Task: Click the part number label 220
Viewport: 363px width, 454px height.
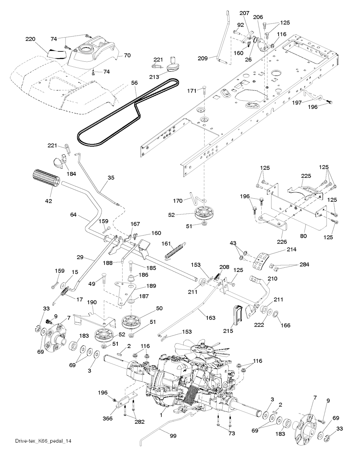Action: (30, 39)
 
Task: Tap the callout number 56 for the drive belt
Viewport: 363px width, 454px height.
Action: (134, 82)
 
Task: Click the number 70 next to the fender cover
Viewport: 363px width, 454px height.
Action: (127, 55)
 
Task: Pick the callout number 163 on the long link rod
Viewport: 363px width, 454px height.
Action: (210, 318)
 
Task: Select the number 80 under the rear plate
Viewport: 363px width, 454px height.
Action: (303, 236)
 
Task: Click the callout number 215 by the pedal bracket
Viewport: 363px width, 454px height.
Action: (228, 331)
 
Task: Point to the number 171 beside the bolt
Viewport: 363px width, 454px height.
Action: (192, 91)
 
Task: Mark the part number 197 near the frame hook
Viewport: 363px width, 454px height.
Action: (297, 103)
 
